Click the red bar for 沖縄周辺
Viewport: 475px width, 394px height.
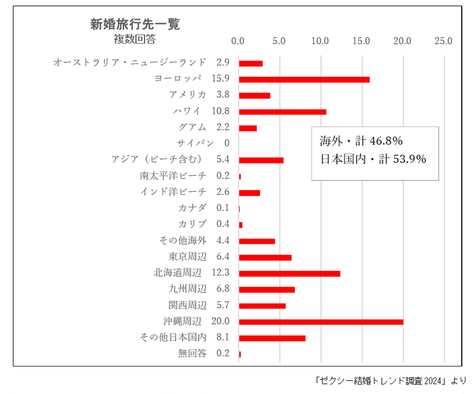(x=321, y=322)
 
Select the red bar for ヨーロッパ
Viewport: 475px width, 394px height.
(x=304, y=79)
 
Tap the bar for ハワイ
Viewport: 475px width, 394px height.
(x=282, y=111)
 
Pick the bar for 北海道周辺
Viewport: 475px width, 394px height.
(x=290, y=273)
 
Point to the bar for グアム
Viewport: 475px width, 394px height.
(x=248, y=127)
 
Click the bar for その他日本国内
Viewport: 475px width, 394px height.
(x=272, y=338)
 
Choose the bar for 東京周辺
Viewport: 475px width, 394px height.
(x=265, y=257)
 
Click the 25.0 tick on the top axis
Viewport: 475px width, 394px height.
(x=443, y=42)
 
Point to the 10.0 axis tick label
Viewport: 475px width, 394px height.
(x=320, y=42)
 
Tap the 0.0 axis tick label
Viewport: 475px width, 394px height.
(x=238, y=42)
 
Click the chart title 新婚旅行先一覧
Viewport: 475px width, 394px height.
(x=135, y=25)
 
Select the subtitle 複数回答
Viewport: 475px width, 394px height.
(x=135, y=39)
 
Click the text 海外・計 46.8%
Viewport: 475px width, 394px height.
(x=361, y=142)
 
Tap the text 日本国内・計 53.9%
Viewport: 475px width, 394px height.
(x=373, y=159)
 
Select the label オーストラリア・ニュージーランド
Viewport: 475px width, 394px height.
(x=130, y=62)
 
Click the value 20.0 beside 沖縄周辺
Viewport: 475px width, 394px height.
(x=221, y=322)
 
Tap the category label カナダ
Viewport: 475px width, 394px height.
(x=193, y=208)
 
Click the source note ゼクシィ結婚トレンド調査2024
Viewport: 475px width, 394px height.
(x=389, y=380)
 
